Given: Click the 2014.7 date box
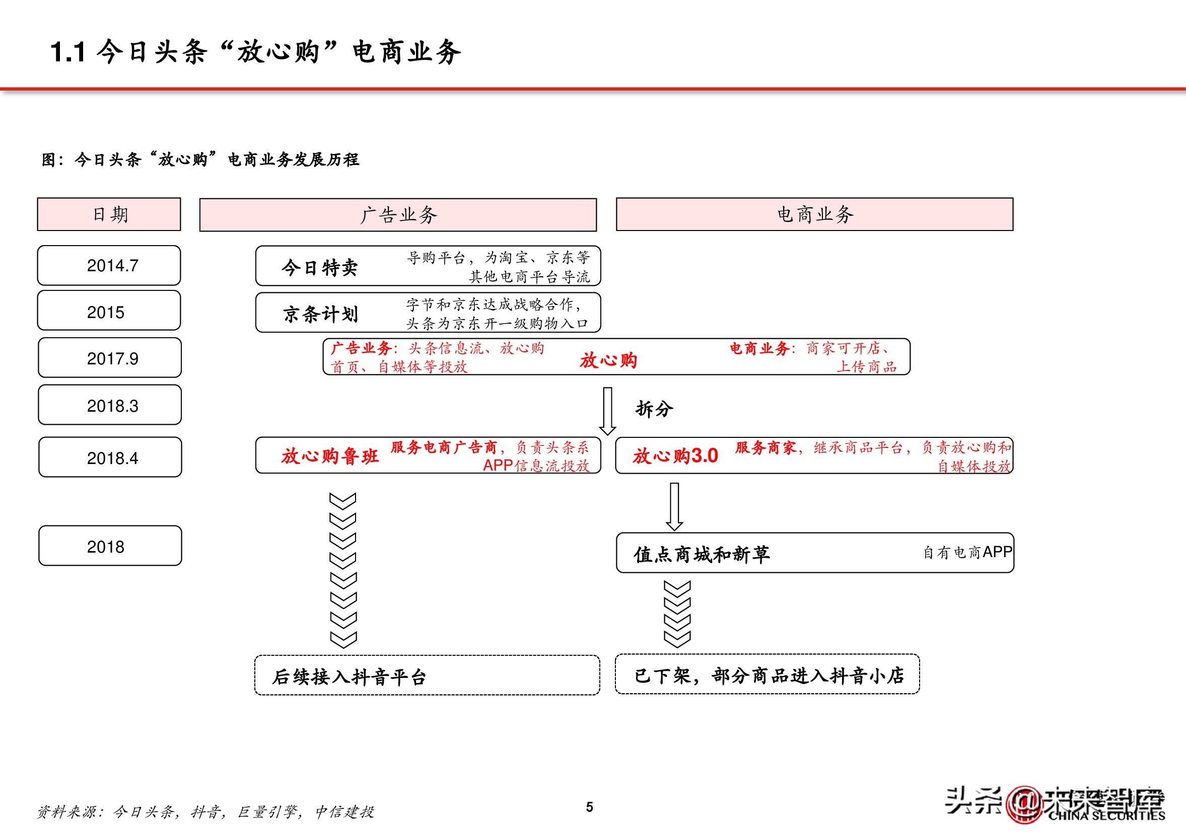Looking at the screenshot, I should [x=109, y=265].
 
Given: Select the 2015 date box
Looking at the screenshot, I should [x=109, y=311].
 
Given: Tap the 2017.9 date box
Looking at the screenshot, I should [x=110, y=358].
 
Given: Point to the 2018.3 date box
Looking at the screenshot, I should [x=110, y=405].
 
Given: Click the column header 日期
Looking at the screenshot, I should [x=109, y=214].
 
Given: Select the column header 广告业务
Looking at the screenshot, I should [x=398, y=214].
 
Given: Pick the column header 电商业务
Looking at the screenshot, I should [x=814, y=214].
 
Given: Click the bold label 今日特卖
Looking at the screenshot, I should [x=319, y=267].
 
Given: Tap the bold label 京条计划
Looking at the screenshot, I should [x=320, y=314].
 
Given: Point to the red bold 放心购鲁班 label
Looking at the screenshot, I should [x=330, y=456].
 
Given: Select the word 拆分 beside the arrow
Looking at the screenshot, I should [x=654, y=409].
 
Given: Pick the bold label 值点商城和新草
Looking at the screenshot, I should [x=702, y=555].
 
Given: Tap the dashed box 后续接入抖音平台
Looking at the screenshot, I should [x=427, y=675].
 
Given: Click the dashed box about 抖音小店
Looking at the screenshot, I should [x=767, y=674].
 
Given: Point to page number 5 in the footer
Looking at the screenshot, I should [x=589, y=807].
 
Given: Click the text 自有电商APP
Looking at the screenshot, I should [x=967, y=553].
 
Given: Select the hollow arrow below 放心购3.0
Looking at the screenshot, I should [x=674, y=506].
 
